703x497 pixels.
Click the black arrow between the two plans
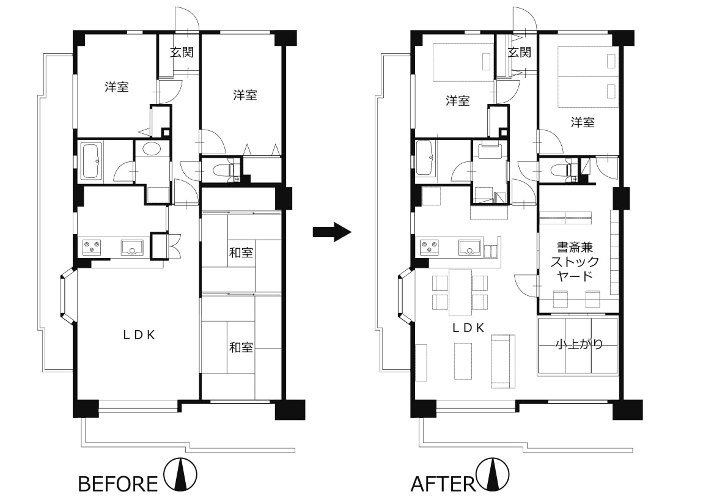coord(331,232)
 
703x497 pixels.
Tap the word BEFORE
coord(118,484)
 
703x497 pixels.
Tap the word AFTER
coord(443,484)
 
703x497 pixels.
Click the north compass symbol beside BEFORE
coord(180,474)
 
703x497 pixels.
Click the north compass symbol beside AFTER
coord(493,474)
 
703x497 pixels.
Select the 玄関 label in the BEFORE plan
coord(182,52)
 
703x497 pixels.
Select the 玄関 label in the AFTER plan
coord(519,52)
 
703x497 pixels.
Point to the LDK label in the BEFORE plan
coord(139,335)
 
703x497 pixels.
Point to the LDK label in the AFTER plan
coord(468,328)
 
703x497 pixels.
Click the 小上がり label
coord(580,344)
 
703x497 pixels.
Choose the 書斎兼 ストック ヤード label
coord(575,261)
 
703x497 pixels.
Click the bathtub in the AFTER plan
coord(425,158)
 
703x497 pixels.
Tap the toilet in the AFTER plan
coord(561,171)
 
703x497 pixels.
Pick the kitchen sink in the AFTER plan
coord(469,247)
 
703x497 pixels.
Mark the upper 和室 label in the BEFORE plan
coord(241,252)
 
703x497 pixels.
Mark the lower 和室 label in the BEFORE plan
coord(241,347)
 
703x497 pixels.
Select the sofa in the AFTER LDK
coord(503,361)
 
